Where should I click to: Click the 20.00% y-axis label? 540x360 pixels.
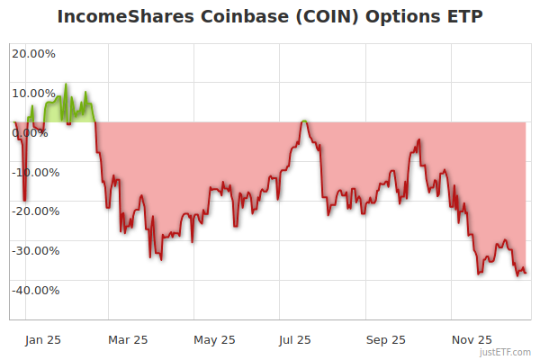point(33,53)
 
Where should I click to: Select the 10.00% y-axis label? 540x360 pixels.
point(33,93)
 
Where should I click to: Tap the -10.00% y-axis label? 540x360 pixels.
point(33,172)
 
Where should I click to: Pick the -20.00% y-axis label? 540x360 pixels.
point(33,211)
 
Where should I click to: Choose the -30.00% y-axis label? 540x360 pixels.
point(33,251)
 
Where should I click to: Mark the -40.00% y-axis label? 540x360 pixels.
point(33,290)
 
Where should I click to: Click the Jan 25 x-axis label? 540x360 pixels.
point(42,339)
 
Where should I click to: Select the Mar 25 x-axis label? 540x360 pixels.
point(127,339)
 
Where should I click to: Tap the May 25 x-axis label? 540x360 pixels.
point(214,339)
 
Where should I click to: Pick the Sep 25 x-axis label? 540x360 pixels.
point(385,339)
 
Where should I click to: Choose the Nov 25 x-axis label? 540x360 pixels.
point(472,339)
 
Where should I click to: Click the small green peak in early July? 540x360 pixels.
point(305,121)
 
